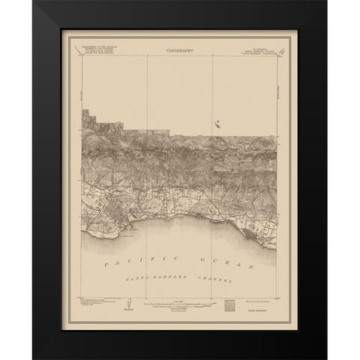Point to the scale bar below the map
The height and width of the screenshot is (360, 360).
(x=180, y=307)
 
